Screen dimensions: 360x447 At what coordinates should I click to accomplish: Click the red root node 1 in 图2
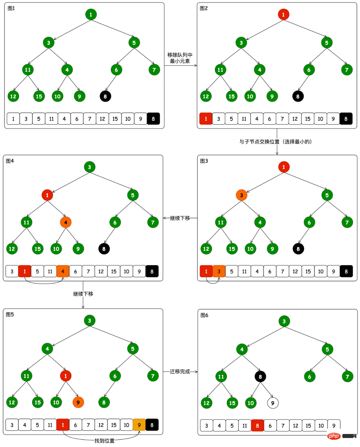(x=283, y=14)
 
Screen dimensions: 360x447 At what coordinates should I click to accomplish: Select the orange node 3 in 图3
(x=241, y=195)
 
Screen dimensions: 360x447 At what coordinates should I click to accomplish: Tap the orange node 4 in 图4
(x=66, y=222)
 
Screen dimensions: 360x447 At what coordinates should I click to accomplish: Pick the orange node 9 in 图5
(x=78, y=402)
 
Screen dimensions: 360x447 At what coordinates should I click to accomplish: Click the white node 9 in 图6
(x=273, y=403)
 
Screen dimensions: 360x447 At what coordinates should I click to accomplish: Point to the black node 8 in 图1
(x=105, y=96)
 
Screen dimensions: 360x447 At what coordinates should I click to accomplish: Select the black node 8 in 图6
(x=260, y=377)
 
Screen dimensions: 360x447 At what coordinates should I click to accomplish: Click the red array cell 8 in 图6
(x=257, y=426)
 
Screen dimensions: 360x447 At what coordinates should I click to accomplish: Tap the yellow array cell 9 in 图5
(x=139, y=425)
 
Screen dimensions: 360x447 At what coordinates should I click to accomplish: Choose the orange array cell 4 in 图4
(x=63, y=272)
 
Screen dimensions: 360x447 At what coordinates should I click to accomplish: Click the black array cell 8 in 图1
(x=153, y=119)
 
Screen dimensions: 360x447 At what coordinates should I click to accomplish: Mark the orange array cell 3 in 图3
(x=219, y=272)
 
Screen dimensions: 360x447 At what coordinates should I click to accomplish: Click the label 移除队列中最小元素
(x=180, y=58)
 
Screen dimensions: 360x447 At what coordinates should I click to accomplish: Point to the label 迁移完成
(x=180, y=371)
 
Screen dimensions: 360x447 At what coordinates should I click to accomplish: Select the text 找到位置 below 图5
(x=104, y=441)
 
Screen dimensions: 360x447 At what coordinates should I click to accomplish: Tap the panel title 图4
(x=10, y=161)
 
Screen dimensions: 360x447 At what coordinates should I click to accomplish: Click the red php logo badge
(x=334, y=436)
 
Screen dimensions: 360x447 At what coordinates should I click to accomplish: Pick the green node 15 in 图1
(x=39, y=96)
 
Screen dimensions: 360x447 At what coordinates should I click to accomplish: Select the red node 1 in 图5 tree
(x=65, y=376)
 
